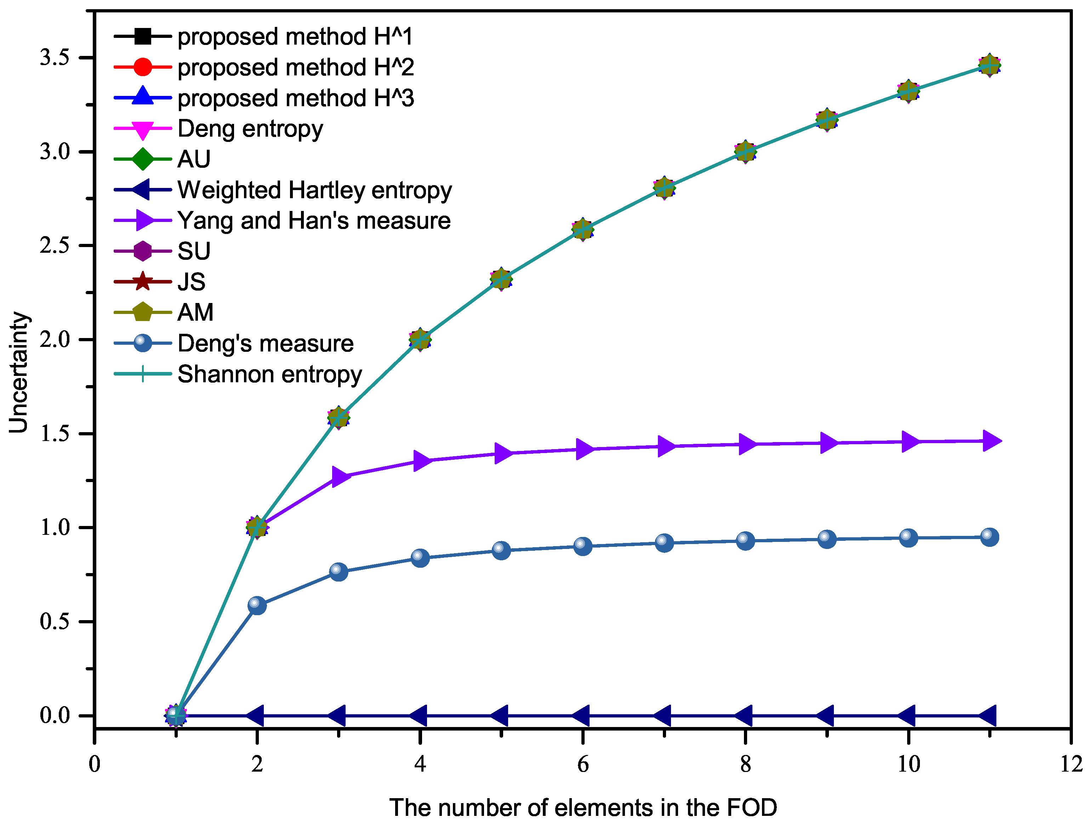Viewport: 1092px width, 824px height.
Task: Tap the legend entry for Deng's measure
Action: (x=265, y=343)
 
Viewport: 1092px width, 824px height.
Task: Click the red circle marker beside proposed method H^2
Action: (x=143, y=67)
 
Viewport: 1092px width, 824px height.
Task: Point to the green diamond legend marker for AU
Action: (x=143, y=159)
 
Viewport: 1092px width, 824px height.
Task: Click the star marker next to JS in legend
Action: (x=143, y=281)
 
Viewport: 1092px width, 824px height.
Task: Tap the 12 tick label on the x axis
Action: (x=1071, y=764)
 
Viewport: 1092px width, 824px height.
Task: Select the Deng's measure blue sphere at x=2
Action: (x=257, y=605)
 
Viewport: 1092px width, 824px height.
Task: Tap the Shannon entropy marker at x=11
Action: (x=989, y=65)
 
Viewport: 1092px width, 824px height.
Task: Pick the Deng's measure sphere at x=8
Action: (x=745, y=540)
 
